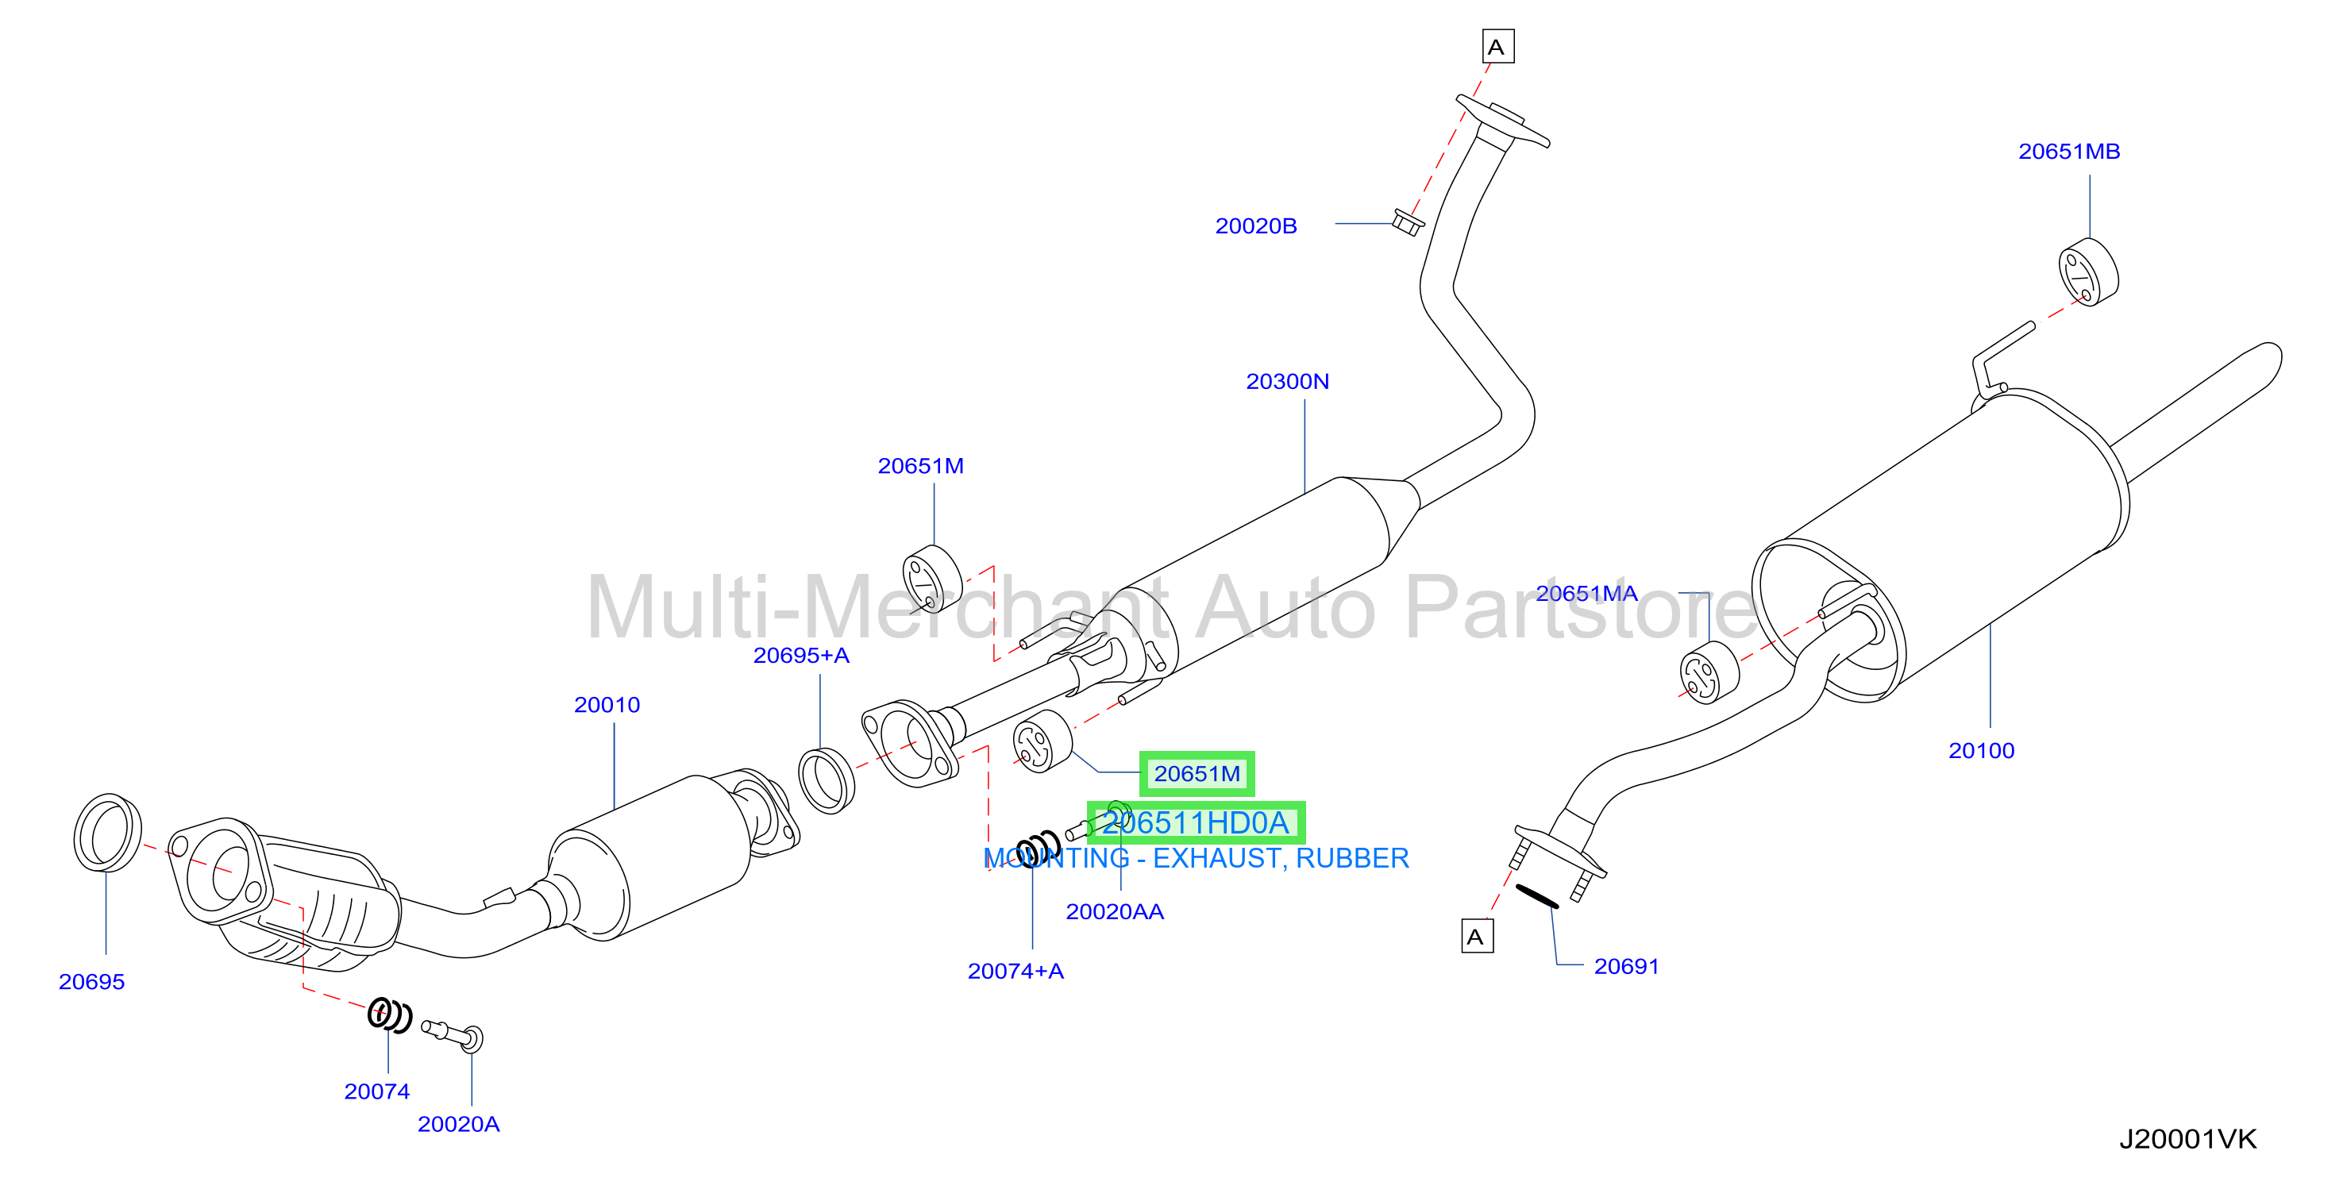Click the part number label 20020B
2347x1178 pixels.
1255,226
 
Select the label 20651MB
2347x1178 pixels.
2069,152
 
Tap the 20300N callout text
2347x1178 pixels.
1287,382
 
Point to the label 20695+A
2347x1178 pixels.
801,655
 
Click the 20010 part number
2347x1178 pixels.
607,705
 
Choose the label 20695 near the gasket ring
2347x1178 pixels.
91,982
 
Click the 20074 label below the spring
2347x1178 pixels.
376,1091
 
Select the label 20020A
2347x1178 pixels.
458,1124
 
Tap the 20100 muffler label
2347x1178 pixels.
1981,751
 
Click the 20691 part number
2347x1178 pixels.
1626,967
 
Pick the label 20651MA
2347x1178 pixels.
1586,593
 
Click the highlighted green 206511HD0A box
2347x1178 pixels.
1197,822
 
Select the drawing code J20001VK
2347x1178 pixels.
2187,1139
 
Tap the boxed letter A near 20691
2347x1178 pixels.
1477,937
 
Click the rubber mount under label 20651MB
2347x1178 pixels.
2088,272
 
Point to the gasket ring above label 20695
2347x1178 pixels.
107,833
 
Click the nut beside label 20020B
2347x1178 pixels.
1408,222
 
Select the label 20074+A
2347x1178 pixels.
1015,971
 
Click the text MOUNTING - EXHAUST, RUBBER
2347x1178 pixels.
1197,858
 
